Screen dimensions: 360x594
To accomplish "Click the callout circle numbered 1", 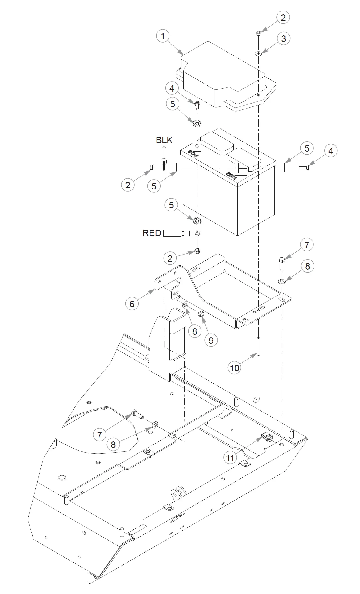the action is [x=163, y=36].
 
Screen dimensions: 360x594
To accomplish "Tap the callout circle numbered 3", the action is [x=283, y=39].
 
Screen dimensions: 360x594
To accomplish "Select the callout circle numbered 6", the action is [x=132, y=304].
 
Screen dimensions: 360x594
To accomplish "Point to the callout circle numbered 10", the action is [x=235, y=368].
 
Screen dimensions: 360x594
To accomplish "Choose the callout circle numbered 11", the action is [x=230, y=458].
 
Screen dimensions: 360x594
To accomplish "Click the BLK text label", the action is [x=164, y=140].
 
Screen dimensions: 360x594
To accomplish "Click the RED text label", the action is [x=152, y=233].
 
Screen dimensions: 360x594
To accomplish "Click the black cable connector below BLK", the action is [x=164, y=159].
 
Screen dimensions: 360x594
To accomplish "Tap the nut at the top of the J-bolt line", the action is [x=259, y=33].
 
